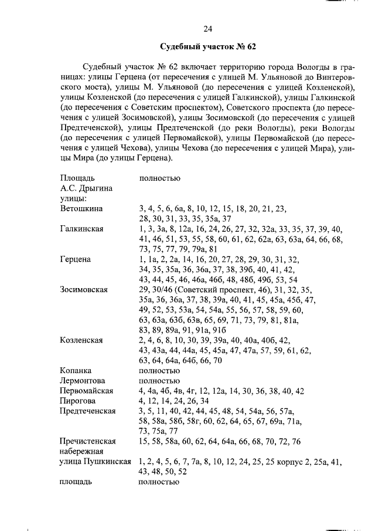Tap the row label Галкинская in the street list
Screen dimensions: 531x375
81,228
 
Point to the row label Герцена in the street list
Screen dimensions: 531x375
76,259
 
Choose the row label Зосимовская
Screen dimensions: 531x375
84,289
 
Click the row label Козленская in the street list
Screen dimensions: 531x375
81,340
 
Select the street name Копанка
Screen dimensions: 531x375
76,370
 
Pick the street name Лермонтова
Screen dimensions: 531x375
83,380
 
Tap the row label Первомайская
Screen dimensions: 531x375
86,390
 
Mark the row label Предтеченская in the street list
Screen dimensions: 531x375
88,411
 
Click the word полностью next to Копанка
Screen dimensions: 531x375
159,370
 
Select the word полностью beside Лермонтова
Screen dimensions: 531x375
159,380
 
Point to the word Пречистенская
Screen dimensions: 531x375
88,441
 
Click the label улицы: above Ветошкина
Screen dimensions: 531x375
73,198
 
